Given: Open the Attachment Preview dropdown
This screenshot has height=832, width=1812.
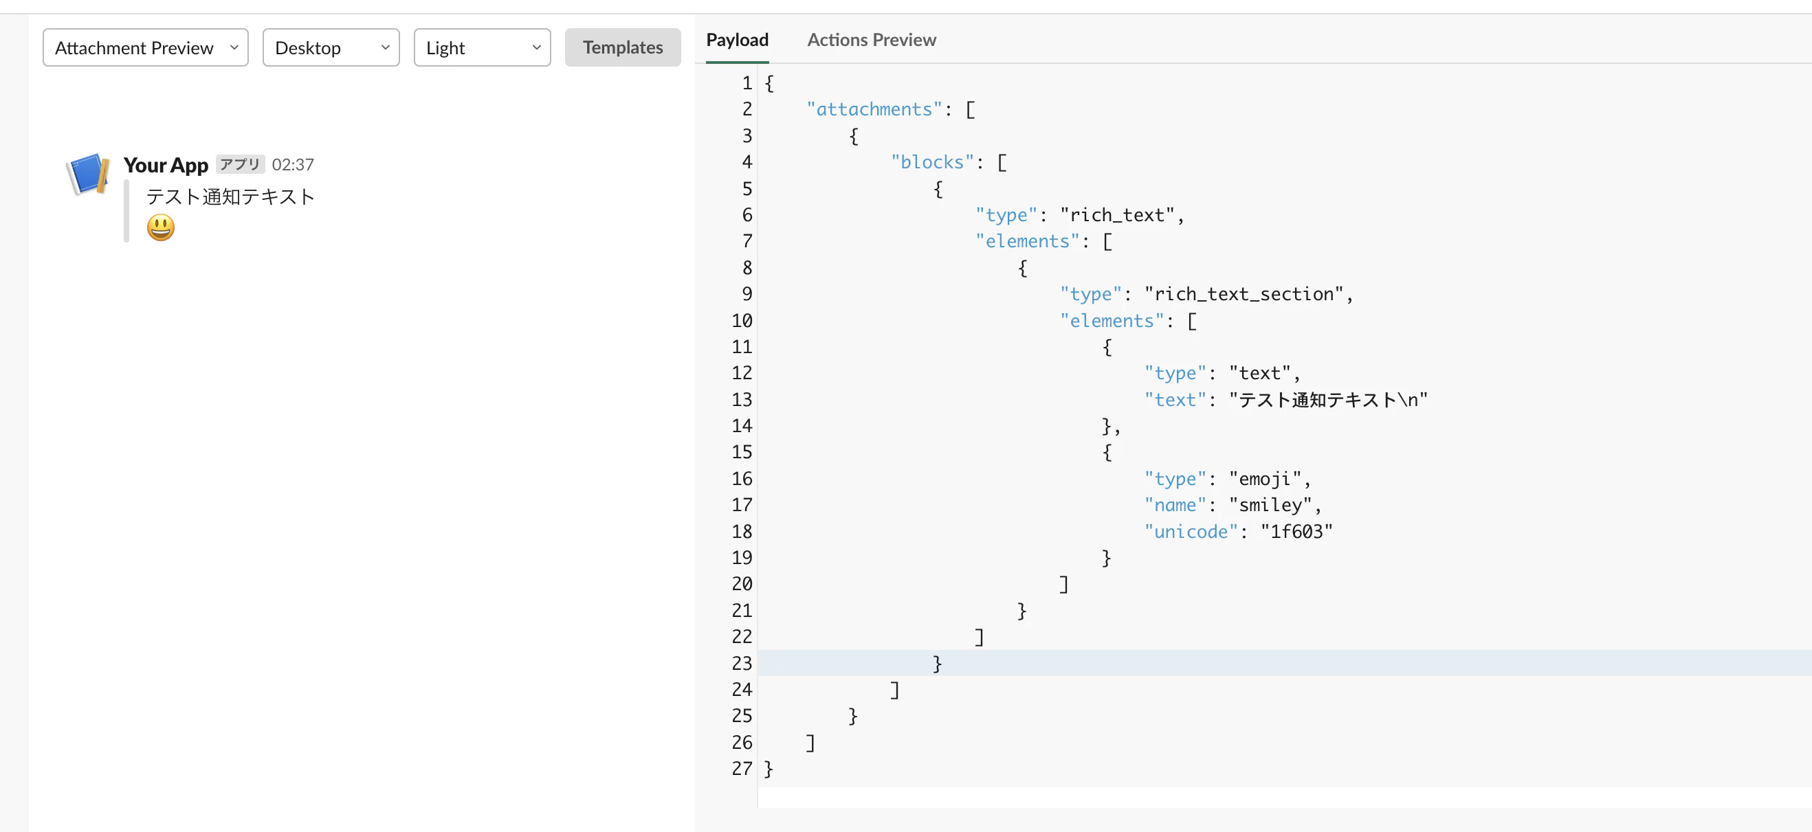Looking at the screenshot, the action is coord(146,48).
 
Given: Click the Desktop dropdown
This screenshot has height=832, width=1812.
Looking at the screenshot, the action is coord(331,48).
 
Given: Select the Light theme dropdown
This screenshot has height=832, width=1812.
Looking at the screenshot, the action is coord(482,48).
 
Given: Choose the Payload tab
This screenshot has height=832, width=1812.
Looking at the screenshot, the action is coord(737,40).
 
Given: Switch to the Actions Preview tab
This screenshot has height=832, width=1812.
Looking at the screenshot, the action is coord(872,40).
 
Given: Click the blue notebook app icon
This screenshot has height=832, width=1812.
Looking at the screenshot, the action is coord(89,174).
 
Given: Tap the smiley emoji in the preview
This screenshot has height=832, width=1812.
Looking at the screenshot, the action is coord(160,227).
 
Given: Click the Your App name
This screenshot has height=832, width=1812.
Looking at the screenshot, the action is coord(166,165).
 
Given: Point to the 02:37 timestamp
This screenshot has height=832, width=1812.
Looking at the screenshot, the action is coord(293,165).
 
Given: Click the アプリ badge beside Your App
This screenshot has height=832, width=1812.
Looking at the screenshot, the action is coord(241,165).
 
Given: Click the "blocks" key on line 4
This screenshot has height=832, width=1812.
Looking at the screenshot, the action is coord(933,161).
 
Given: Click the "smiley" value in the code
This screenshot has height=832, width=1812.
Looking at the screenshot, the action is coord(1270,505).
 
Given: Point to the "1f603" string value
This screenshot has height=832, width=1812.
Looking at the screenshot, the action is coord(1296,532).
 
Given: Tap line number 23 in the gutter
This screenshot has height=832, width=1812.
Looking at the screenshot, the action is coord(742,663).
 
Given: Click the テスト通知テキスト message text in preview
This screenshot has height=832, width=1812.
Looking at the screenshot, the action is coord(231,196).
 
